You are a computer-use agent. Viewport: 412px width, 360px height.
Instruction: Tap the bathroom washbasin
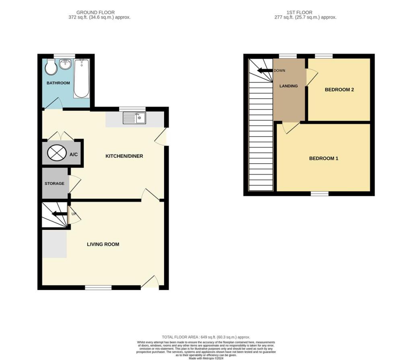tap(65, 64)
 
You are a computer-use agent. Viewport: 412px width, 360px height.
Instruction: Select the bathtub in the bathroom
tap(81, 78)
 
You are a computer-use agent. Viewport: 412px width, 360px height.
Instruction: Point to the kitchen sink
tap(134, 118)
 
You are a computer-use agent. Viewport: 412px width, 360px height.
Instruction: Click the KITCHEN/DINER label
tap(124, 156)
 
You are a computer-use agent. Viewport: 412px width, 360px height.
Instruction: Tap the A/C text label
tap(74, 154)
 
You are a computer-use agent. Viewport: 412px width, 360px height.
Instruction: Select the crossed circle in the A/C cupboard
tap(56, 153)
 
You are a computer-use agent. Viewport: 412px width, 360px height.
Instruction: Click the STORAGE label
tap(54, 183)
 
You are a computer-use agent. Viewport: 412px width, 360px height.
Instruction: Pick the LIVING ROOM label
tap(103, 244)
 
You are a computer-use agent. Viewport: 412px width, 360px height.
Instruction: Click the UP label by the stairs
tap(74, 214)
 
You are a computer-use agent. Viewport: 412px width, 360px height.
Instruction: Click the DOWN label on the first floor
tap(279, 70)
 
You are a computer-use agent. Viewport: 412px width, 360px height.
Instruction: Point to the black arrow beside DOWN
tap(264, 71)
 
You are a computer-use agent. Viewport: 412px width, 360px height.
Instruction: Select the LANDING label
tap(288, 86)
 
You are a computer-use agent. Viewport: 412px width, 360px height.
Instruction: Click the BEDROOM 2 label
tap(339, 90)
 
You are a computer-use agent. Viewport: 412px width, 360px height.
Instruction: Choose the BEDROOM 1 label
tap(323, 158)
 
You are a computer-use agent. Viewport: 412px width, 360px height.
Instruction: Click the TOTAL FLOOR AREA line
tap(206, 337)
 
